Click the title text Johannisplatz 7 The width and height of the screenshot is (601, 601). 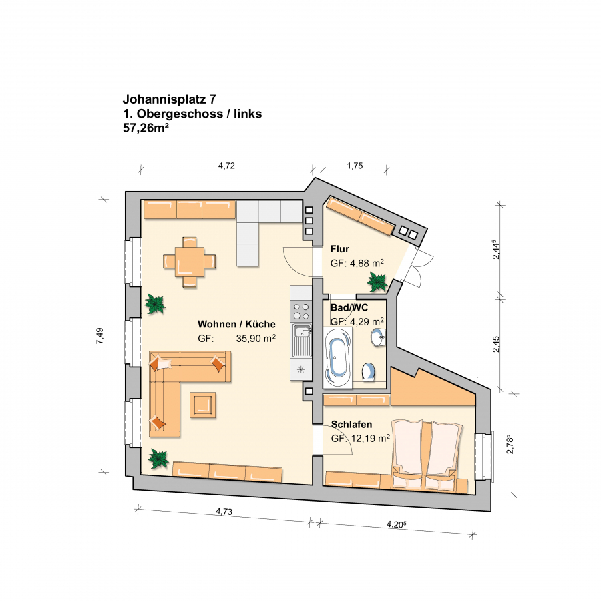pos(170,99)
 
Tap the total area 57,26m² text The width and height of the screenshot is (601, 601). pos(146,128)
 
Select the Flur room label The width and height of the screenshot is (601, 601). pos(340,249)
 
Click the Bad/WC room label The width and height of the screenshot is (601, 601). pos(349,307)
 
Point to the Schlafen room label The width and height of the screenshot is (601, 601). pos(351,424)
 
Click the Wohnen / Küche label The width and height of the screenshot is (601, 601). pos(236,324)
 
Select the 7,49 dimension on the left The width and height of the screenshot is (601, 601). pos(99,335)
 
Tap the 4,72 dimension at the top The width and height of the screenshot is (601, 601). pos(226,166)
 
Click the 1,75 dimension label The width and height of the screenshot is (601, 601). pos(355,166)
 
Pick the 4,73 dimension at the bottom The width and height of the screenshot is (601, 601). pos(224,511)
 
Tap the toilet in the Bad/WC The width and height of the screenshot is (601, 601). pos(369,372)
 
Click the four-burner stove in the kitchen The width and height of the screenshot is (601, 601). pos(301,311)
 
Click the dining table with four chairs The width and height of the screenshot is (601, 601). pos(190,262)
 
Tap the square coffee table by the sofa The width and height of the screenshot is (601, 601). pos(202,405)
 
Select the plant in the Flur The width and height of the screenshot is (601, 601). pos(377,282)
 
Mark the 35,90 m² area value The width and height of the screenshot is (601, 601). pos(256,338)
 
